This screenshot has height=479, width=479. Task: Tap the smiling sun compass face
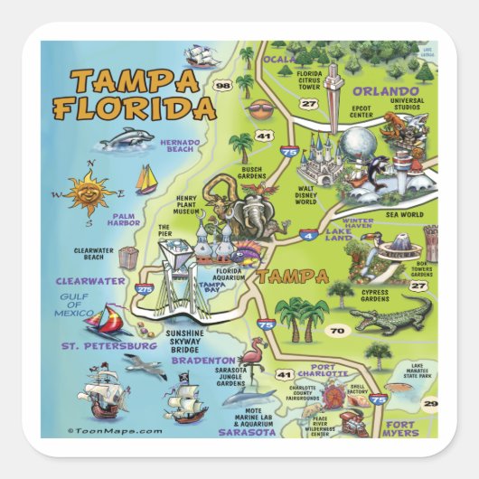(89, 191)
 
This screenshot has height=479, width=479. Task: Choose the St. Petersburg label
(108, 345)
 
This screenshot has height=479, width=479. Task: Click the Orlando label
(386, 91)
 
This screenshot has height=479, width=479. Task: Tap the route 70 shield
(337, 332)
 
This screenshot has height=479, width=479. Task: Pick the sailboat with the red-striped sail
(107, 319)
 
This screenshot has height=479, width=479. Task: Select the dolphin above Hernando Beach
(126, 138)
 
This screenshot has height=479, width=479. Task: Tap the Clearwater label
(89, 281)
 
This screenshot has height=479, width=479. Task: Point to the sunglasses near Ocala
(260, 111)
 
